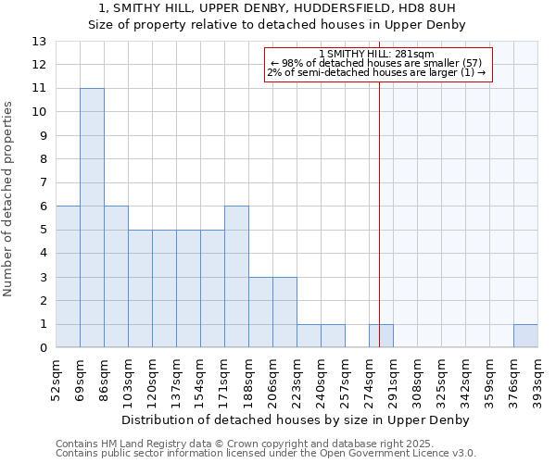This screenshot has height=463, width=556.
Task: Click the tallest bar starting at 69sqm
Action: (x=92, y=219)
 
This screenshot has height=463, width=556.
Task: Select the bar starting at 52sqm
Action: (x=68, y=277)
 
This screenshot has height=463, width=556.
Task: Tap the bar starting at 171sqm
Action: (x=236, y=277)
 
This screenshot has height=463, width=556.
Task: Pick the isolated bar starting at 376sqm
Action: (x=525, y=336)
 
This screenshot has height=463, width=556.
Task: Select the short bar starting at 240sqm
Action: (x=333, y=336)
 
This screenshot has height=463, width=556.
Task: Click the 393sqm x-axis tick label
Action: (x=538, y=381)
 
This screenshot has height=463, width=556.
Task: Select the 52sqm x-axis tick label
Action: (x=57, y=381)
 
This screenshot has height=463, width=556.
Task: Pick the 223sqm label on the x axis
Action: (x=297, y=381)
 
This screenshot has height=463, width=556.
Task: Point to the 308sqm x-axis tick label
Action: (x=418, y=381)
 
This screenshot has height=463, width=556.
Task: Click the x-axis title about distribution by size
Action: (x=297, y=420)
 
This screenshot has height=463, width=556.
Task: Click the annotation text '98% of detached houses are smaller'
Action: (x=380, y=63)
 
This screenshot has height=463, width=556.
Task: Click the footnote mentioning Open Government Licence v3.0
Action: (x=266, y=454)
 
